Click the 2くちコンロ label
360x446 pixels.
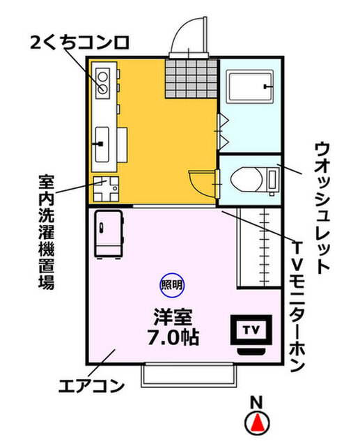click(70, 43)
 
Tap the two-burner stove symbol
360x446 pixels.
click(102, 82)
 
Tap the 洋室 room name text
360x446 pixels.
click(172, 317)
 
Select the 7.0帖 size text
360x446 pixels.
click(173, 339)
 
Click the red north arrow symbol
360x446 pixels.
click(258, 422)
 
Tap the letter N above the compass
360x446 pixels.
click(257, 401)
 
